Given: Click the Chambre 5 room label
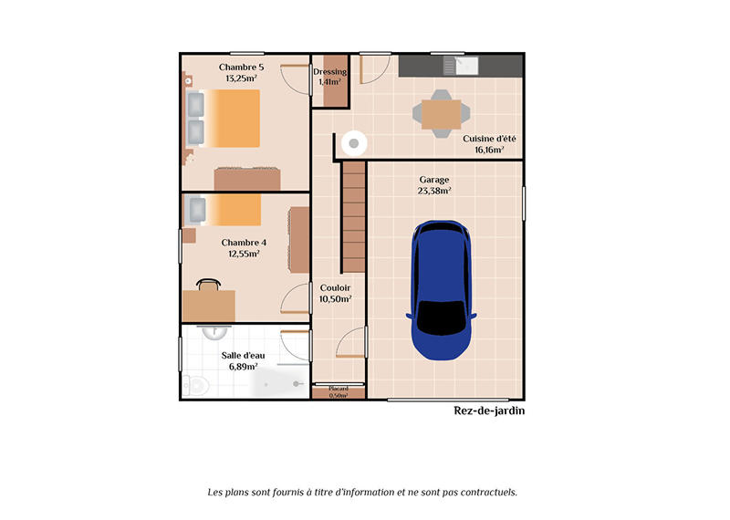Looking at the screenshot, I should point(241,67).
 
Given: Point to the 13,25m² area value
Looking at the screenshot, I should point(241,78).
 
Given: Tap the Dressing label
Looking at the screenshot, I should point(329,71).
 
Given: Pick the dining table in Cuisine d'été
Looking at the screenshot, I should point(441,114).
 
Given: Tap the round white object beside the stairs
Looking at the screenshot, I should point(354,142).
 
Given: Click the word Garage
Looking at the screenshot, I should point(434,180).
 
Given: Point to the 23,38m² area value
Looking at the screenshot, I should point(434,192).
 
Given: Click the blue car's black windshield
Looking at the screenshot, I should point(441,317).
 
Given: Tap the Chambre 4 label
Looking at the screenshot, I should point(244,242).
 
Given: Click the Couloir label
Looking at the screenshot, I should point(335,287).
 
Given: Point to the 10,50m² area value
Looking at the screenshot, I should point(335,299).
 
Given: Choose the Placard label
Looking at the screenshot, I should point(339,389).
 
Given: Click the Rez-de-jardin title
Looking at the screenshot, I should point(489,411).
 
